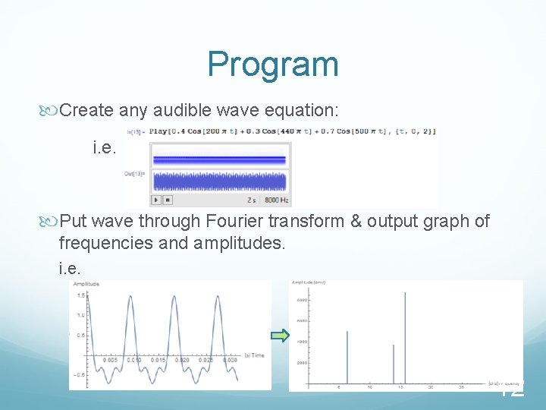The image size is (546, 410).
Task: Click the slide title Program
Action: tap(273, 64)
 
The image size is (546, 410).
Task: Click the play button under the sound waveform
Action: tap(156, 200)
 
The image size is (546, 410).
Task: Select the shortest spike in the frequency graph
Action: tap(394, 364)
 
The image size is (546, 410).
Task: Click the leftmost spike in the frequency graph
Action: tap(347, 357)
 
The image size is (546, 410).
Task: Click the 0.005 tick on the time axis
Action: tap(111, 360)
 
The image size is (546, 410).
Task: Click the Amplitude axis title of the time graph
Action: tap(86, 284)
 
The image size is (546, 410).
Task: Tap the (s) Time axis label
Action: tap(253, 355)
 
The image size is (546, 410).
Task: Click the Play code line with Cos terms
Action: tap(293, 131)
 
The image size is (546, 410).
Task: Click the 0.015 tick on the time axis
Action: tap(158, 360)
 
